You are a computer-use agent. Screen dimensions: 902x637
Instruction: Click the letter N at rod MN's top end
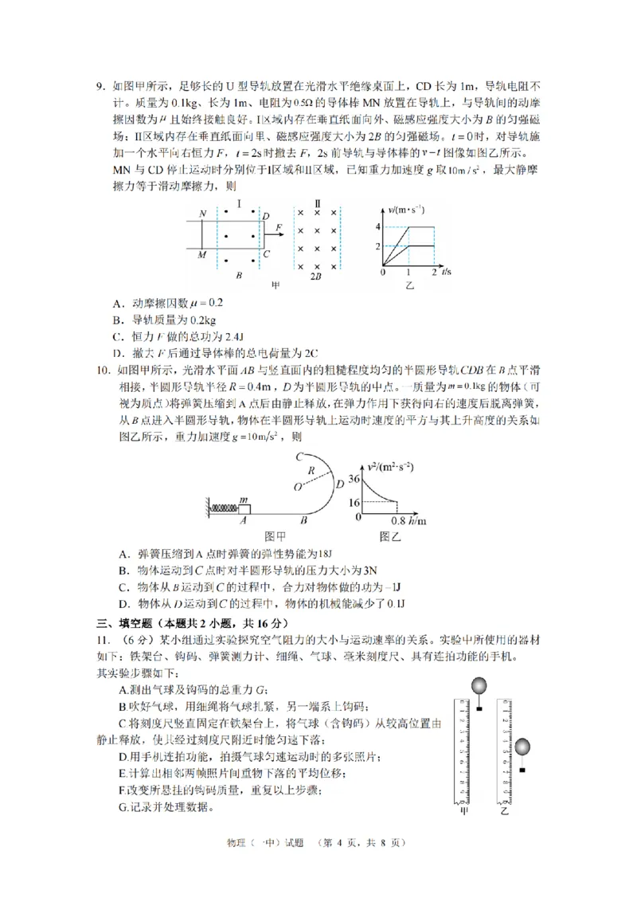203,214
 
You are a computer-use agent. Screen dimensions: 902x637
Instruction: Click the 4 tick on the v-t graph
379,227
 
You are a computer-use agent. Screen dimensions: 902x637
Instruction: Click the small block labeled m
244,508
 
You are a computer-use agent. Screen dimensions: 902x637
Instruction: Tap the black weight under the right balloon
522,770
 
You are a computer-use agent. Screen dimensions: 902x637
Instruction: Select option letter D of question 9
117,353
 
